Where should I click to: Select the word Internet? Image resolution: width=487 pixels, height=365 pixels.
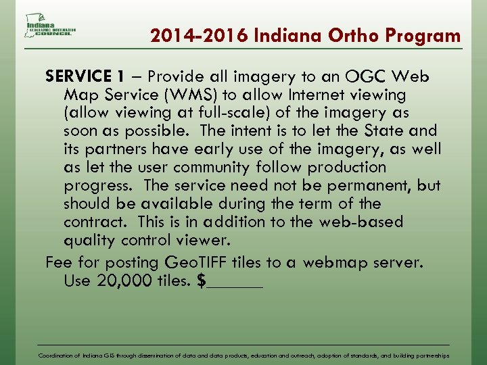[x=327, y=94]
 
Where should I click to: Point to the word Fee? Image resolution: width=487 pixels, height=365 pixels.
[x=58, y=262]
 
